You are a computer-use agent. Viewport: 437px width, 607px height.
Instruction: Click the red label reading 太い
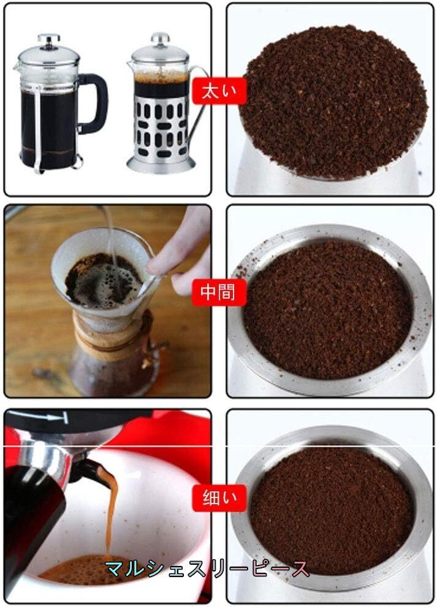(219, 91)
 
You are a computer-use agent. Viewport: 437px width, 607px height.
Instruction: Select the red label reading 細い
(219, 497)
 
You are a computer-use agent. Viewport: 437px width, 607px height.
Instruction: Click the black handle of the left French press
(94, 103)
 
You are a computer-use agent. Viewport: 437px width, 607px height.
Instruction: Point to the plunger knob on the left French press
(49, 40)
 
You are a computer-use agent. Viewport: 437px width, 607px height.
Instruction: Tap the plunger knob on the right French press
(160, 39)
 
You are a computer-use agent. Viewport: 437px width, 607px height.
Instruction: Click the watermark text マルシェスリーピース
(207, 568)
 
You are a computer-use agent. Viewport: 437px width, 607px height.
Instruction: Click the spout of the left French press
(17, 67)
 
